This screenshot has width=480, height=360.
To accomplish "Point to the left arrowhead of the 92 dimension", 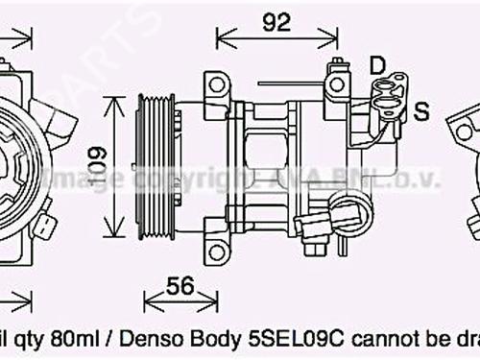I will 220,39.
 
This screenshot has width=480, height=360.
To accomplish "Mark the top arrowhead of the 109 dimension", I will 113,97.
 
